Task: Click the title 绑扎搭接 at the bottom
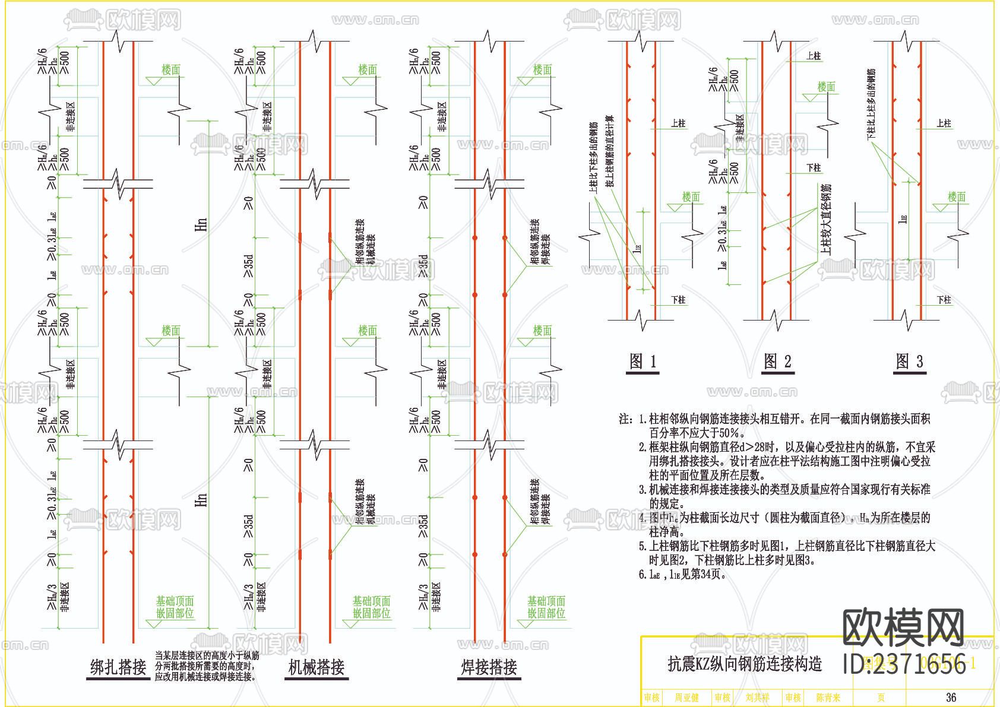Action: pyautogui.click(x=118, y=667)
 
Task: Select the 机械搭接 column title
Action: pyautogui.click(x=316, y=667)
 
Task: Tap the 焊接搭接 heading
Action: pyautogui.click(x=489, y=667)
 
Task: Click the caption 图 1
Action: pyautogui.click(x=643, y=361)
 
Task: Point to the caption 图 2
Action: pyautogui.click(x=777, y=361)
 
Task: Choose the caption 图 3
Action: pyautogui.click(x=909, y=361)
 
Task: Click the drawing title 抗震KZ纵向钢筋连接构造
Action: pyautogui.click(x=745, y=663)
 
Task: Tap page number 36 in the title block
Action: pyautogui.click(x=951, y=698)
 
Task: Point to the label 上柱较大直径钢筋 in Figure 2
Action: pyautogui.click(x=826, y=219)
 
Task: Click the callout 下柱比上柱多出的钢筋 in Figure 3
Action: pyautogui.click(x=871, y=104)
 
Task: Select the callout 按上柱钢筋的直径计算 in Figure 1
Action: pyautogui.click(x=610, y=152)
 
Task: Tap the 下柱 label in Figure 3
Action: pyautogui.click(x=944, y=300)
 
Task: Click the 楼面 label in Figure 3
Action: pyautogui.click(x=957, y=197)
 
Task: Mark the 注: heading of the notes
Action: pyautogui.click(x=626, y=419)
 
